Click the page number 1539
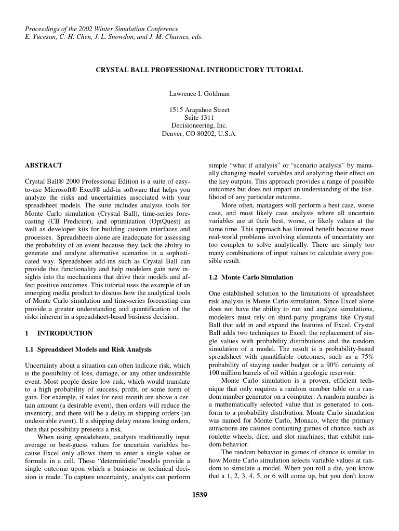click(x=199, y=494)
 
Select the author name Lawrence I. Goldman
click(x=199, y=94)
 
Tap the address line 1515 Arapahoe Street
click(x=199, y=110)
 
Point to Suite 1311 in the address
click(x=199, y=118)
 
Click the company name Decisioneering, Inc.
click(x=199, y=125)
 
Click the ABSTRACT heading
click(x=44, y=165)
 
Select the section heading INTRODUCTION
click(x=65, y=333)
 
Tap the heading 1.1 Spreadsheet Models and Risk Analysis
click(x=88, y=350)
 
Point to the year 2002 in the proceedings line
click(x=89, y=29)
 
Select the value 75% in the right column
click(x=364, y=357)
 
